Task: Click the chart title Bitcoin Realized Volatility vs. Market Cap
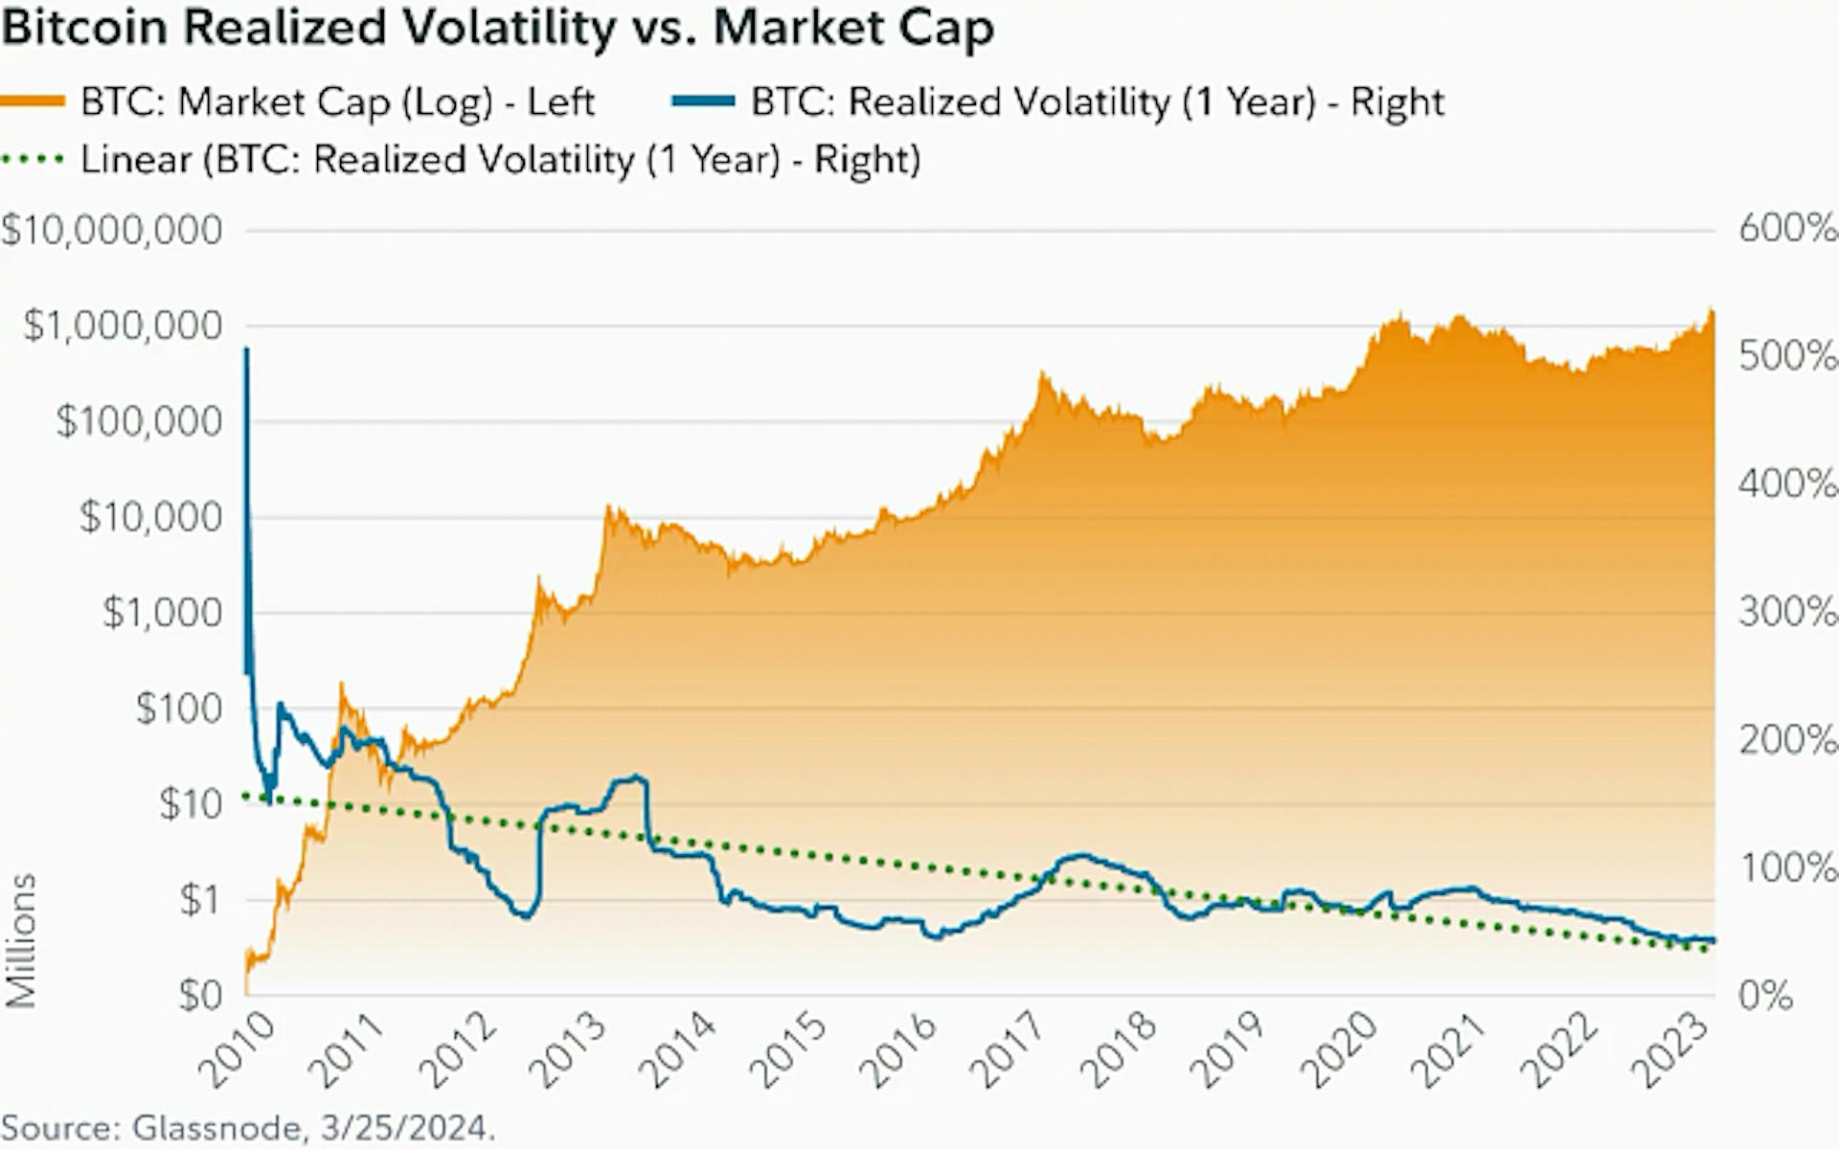pos(497,27)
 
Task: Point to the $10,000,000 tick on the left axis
pos(112,230)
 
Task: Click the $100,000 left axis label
pos(139,421)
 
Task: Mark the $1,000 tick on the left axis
pos(163,613)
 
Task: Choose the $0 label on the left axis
pos(200,996)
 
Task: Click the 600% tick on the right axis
pos(1787,229)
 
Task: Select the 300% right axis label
pos(1787,612)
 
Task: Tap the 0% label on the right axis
pos(1765,996)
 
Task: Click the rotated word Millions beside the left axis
pos(21,940)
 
